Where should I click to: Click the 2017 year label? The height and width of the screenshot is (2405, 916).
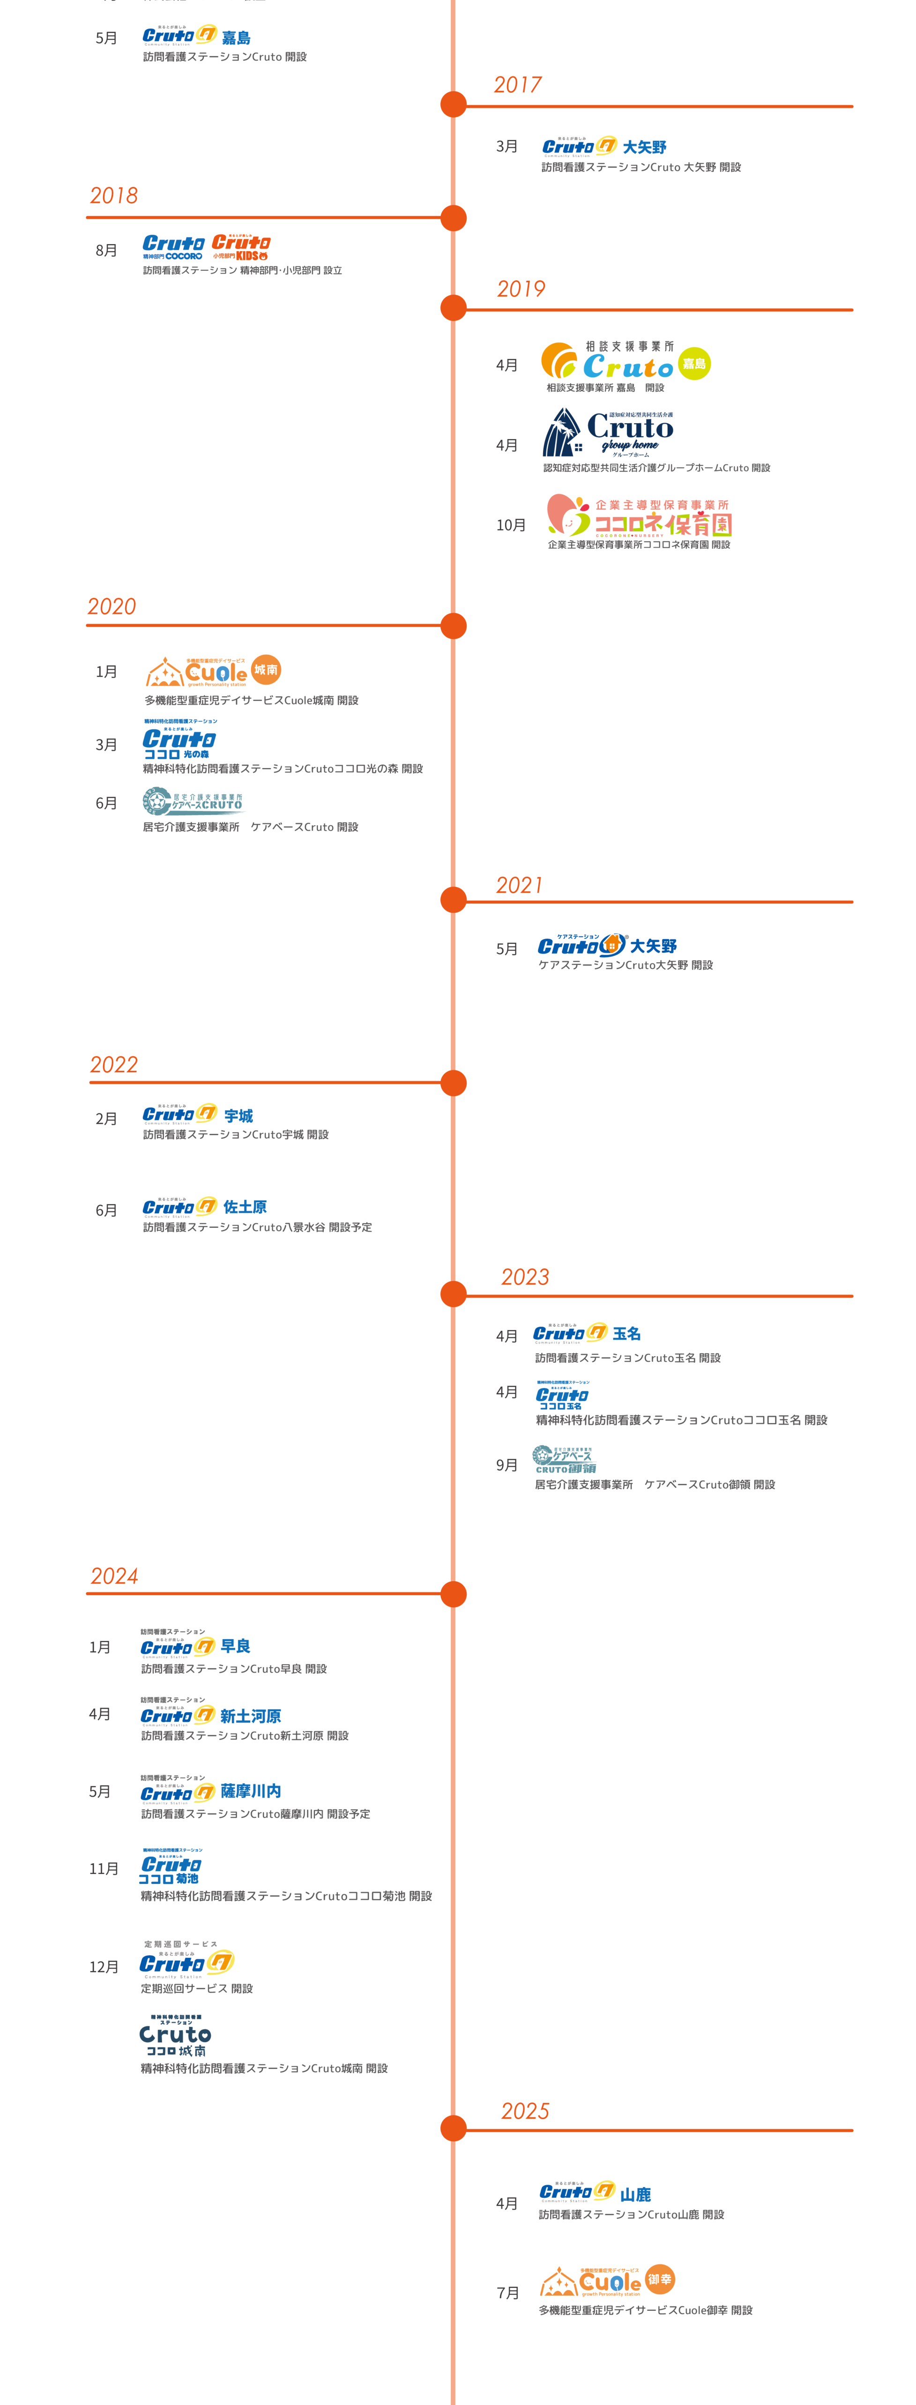[x=517, y=85]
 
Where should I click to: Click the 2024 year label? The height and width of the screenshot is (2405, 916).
[x=114, y=1576]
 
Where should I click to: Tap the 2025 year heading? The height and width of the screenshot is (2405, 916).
[x=525, y=2111]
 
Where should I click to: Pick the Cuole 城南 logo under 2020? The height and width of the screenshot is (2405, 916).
[x=214, y=669]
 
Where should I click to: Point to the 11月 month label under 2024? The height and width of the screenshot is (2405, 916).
[x=104, y=1868]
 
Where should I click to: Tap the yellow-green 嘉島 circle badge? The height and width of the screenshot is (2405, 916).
[x=694, y=363]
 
